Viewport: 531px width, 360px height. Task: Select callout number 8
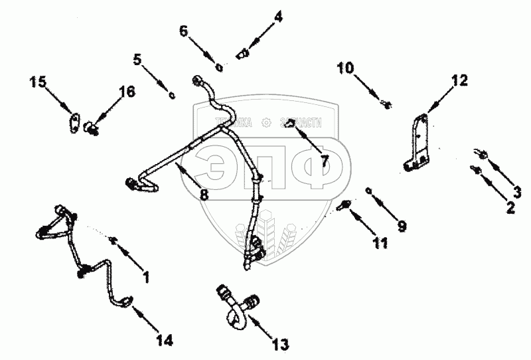[x=204, y=195]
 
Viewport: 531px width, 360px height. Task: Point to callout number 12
[x=459, y=81]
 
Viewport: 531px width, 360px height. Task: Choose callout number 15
[x=38, y=82]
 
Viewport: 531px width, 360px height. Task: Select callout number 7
[x=325, y=160]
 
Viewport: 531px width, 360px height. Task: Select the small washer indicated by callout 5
[x=172, y=95]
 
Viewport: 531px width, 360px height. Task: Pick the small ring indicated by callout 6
[x=220, y=66]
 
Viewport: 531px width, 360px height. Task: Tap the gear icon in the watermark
[x=267, y=123]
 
